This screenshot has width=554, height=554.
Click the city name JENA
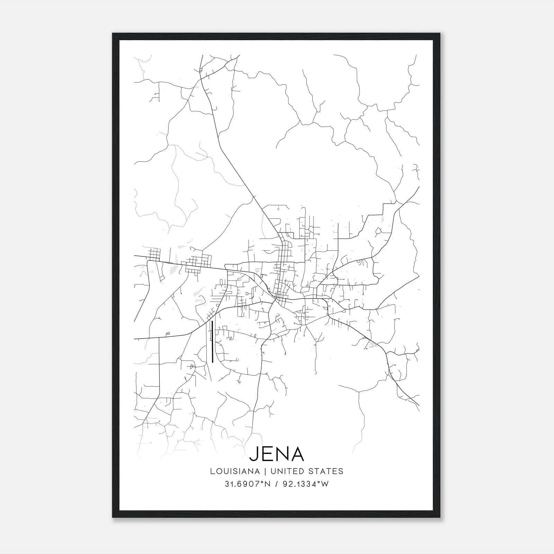point(277,454)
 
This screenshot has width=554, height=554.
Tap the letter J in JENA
point(254,454)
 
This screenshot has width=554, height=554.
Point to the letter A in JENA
point(297,454)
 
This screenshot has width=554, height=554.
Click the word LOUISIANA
point(235,471)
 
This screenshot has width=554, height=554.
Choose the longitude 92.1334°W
point(305,484)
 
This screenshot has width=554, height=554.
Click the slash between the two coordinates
point(276,484)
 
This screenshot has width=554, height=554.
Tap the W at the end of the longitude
point(325,484)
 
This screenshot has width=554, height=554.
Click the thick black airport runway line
point(212,341)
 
